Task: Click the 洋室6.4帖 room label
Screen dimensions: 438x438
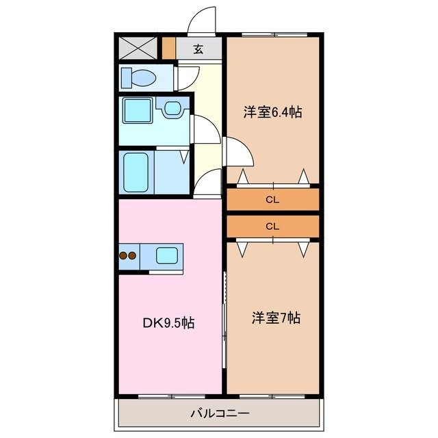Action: (x=272, y=112)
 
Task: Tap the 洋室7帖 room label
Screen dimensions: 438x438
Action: (x=275, y=318)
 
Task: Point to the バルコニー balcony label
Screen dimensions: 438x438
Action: (x=219, y=413)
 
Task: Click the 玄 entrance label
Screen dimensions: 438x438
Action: (x=198, y=49)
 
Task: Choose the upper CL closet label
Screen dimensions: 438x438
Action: (x=272, y=200)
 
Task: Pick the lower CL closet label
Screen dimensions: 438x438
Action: (x=272, y=226)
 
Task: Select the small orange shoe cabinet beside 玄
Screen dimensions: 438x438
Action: (x=169, y=48)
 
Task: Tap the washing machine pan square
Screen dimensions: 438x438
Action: (x=136, y=109)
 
